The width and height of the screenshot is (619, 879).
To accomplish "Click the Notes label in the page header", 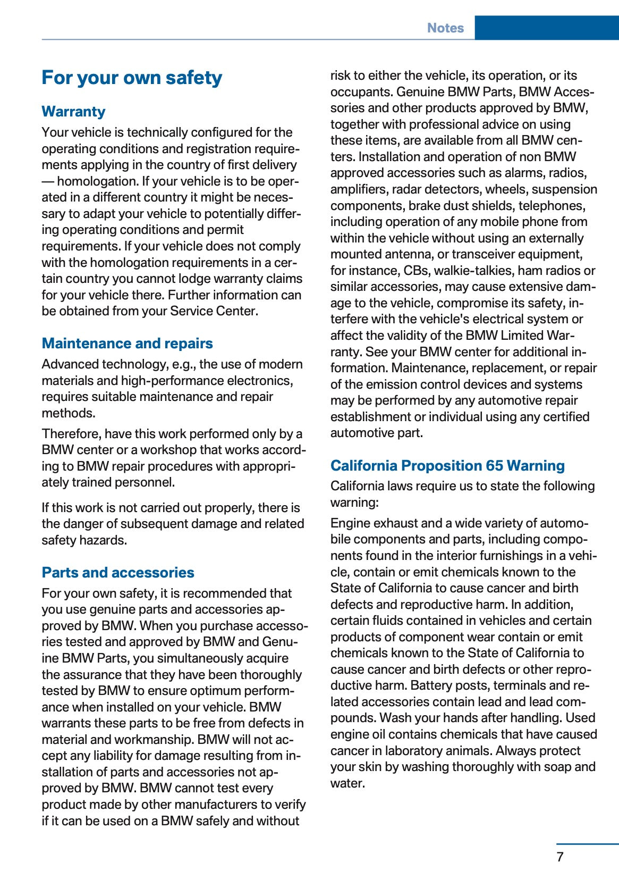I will (x=445, y=28).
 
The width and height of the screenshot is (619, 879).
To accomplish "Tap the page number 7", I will (x=560, y=857).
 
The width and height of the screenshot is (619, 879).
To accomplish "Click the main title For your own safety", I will (x=132, y=78).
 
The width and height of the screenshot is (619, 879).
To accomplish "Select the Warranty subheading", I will (x=73, y=112).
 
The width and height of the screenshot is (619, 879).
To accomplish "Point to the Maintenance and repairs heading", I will (x=127, y=344).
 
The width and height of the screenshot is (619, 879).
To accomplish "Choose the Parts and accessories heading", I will (x=118, y=573).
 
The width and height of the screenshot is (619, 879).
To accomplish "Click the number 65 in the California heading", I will (x=494, y=466).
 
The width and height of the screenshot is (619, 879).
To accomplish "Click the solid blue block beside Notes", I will (x=546, y=28).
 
